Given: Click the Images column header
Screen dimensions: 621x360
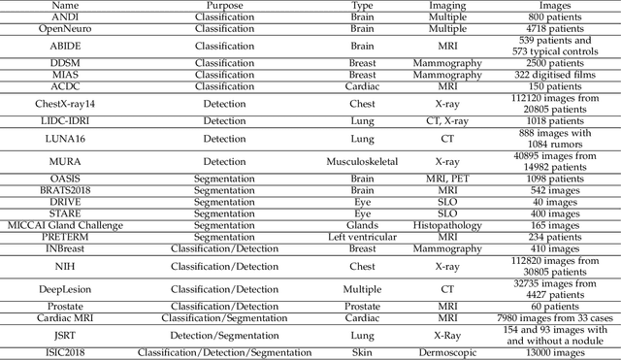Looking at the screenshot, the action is [554, 6].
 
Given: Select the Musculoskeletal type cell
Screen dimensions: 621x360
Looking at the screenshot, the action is [362, 159].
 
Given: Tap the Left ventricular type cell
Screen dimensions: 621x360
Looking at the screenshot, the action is [362, 236].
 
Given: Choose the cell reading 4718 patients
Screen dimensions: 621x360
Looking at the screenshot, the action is [554, 28].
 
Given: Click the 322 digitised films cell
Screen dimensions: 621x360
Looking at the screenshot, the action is [554, 75].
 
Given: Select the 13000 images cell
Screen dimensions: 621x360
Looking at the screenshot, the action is [554, 353].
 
